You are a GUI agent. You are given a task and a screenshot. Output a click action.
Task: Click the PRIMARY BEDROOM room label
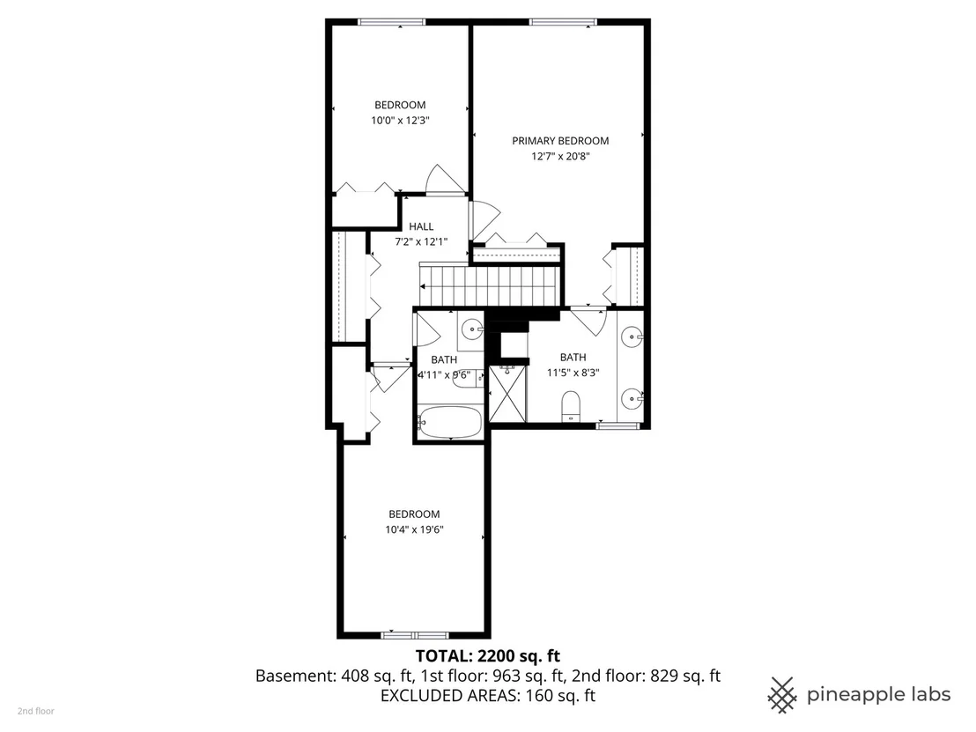560,141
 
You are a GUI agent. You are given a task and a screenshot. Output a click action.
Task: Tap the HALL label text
421,226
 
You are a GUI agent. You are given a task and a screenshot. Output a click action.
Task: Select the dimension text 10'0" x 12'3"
400,120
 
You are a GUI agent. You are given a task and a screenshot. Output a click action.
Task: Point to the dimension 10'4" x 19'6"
414,529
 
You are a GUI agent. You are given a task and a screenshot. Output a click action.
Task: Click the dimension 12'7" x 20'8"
560,156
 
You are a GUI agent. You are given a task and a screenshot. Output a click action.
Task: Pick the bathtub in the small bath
448,422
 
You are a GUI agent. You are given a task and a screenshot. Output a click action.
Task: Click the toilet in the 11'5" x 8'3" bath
571,405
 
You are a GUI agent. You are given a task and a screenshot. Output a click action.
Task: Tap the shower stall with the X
507,394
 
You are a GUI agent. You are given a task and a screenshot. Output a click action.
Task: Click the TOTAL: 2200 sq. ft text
487,655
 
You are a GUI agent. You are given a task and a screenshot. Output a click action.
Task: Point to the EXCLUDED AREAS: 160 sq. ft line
487,695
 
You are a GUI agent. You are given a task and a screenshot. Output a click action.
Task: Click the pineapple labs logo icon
782,694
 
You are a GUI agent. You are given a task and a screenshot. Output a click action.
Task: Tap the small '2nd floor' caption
35,711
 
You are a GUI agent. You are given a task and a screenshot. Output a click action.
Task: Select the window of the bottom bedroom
415,635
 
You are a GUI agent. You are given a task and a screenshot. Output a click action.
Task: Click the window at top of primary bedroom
564,22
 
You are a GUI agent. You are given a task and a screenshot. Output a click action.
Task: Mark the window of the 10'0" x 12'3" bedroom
391,22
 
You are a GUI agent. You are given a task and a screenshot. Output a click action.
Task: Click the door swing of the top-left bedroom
444,179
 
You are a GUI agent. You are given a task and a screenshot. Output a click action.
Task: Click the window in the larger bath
618,425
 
